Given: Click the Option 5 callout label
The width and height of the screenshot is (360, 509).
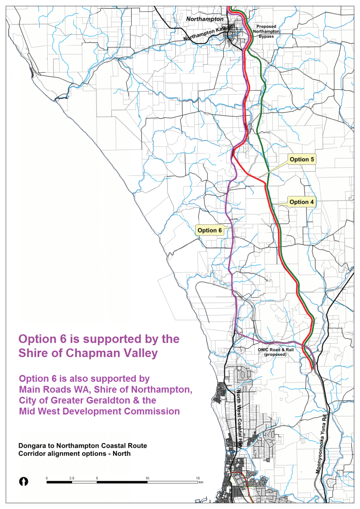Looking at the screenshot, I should tap(302, 160).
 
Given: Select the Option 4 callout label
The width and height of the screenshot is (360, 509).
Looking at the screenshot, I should tap(302, 202).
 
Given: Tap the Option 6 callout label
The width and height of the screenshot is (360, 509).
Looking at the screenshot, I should tap(210, 230).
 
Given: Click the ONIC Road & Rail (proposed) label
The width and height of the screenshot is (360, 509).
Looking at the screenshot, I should tap(272, 352).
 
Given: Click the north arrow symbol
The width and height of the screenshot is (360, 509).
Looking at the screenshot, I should tap(24, 482).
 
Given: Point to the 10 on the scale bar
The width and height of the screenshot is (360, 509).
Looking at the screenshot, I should tap(147, 478).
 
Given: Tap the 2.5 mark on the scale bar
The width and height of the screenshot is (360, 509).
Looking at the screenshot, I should tap(72, 478).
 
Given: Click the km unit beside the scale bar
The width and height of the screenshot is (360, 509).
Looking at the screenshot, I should tap(201, 482).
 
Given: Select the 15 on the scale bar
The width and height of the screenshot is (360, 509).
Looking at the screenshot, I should tap(197, 478).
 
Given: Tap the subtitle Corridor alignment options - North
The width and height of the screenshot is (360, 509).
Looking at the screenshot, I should tap(74, 454).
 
